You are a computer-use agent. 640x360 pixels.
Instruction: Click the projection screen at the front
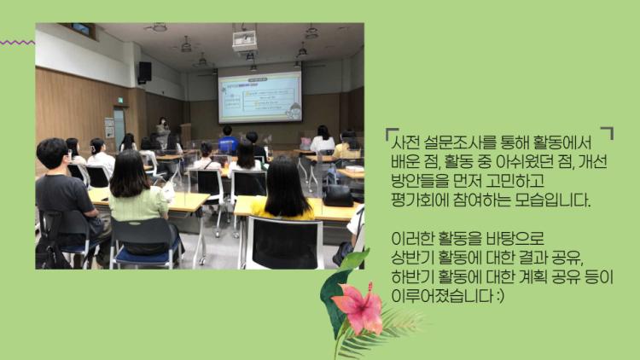pyautogui.click(x=260, y=97)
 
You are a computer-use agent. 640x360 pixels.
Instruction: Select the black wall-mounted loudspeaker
pyautogui.click(x=144, y=73)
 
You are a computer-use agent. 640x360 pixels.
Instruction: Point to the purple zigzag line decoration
pyautogui.click(x=17, y=43)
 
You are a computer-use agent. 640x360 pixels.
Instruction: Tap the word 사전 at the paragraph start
pyautogui.click(x=404, y=142)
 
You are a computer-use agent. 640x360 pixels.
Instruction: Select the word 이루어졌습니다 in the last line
pyautogui.click(x=442, y=295)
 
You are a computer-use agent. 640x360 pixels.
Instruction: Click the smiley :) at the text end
pyautogui.click(x=501, y=296)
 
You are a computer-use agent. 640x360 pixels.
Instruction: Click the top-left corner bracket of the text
pyautogui.click(x=391, y=133)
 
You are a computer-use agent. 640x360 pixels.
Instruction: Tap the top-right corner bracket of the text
pyautogui.click(x=608, y=132)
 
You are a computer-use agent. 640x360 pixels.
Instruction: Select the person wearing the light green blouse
pyautogui.click(x=137, y=192)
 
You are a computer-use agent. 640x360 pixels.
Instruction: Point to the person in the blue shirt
pyautogui.click(x=228, y=141)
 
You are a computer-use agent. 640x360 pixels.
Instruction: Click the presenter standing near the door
pyautogui.click(x=163, y=132)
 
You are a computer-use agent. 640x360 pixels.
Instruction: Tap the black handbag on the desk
pyautogui.click(x=338, y=195)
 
